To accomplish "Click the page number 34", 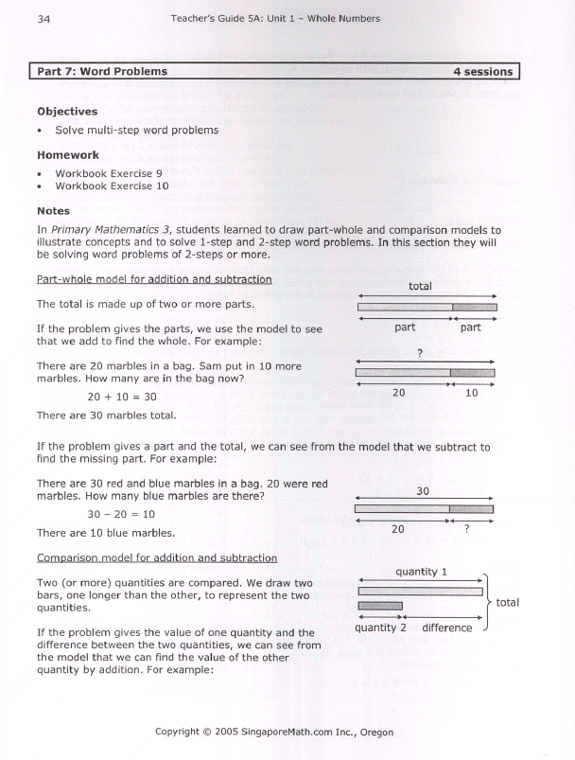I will click(x=43, y=18).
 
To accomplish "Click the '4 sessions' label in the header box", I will click(x=482, y=71).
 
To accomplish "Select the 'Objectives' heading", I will click(x=67, y=111).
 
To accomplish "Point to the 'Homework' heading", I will click(x=67, y=154).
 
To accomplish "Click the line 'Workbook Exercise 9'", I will click(x=109, y=173).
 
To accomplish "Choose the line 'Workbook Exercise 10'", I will click(x=112, y=186).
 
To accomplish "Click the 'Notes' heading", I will click(x=52, y=211).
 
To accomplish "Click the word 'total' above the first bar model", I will click(x=421, y=286).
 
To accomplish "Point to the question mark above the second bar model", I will click(x=419, y=353).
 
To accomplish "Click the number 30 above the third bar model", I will click(x=423, y=491).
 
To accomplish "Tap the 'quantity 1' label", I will click(x=422, y=572).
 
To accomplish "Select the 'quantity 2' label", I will click(x=380, y=627).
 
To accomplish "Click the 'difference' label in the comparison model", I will click(x=446, y=627).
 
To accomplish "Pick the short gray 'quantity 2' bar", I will click(x=380, y=607).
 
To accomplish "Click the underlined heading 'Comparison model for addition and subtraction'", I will click(x=156, y=558).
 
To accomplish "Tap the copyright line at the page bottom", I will click(x=274, y=732).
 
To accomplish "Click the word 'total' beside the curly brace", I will click(x=507, y=602).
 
